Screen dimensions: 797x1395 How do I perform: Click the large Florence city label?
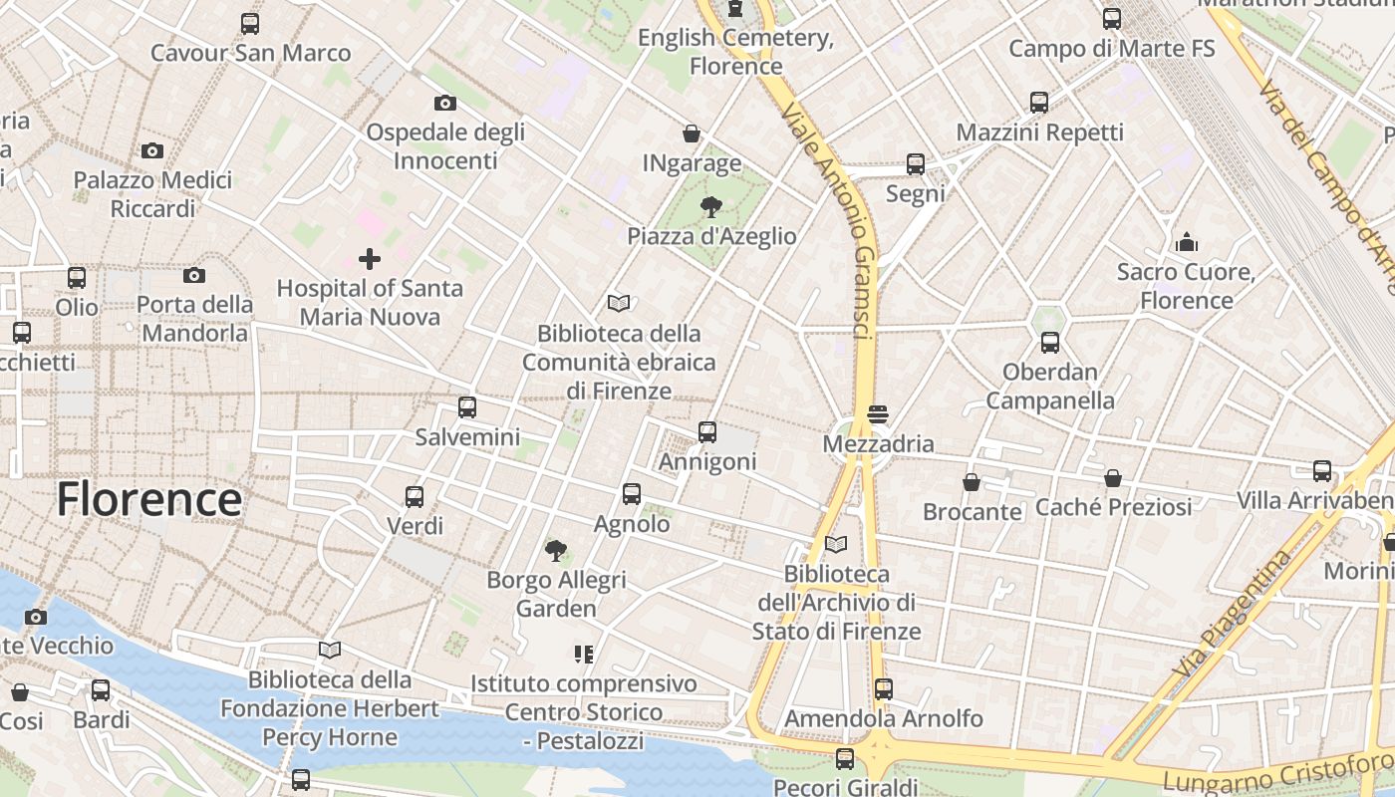(148, 499)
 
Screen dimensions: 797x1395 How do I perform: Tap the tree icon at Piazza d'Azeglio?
(710, 207)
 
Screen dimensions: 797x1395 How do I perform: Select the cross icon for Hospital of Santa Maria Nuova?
(370, 260)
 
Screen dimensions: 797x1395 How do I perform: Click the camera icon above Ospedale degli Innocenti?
(445, 103)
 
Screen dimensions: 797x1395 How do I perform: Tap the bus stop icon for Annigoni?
(707, 432)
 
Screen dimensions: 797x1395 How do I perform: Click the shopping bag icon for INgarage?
(691, 133)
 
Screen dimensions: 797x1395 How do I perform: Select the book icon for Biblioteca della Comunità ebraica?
(619, 303)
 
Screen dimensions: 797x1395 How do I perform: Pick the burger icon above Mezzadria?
(878, 414)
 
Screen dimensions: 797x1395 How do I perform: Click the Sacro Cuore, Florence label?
(1186, 286)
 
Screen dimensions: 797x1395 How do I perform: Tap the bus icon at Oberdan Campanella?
(1049, 343)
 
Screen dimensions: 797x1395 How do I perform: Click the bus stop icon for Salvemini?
(467, 407)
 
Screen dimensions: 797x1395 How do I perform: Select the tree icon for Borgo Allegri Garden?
(556, 550)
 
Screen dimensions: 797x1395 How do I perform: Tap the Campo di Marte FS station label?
(1111, 48)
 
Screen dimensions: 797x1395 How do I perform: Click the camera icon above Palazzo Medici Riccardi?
(152, 151)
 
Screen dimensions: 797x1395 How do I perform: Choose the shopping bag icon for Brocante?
(972, 483)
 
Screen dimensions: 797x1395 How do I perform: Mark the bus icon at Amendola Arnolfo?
(883, 688)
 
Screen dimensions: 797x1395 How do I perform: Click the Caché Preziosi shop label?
(1113, 507)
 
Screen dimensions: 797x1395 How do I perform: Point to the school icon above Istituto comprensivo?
(584, 655)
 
